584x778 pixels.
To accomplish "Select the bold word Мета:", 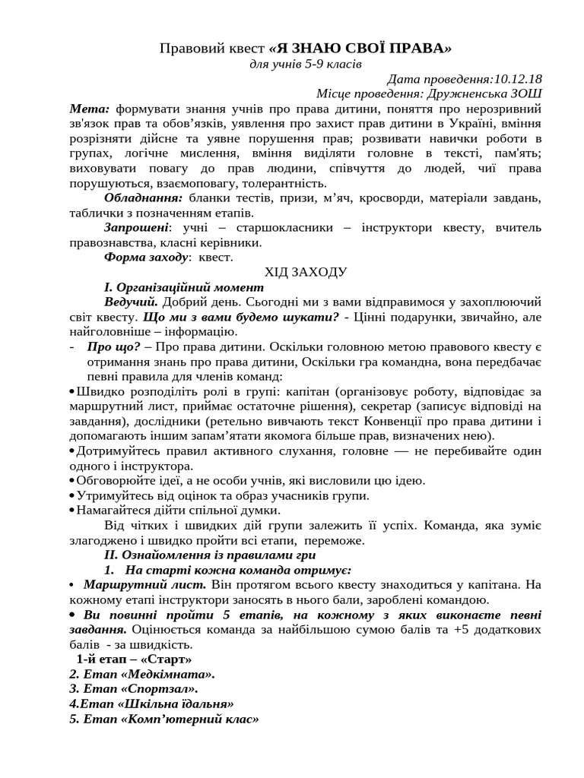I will click(90, 109).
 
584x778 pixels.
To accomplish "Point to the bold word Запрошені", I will click(135, 228).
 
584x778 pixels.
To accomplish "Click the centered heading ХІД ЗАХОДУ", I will click(306, 272).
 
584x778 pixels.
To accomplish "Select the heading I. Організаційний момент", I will click(183, 287).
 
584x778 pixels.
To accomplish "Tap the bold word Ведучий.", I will click(129, 302).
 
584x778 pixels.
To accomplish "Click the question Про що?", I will click(108, 346).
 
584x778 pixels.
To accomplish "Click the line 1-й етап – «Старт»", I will click(134, 659).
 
